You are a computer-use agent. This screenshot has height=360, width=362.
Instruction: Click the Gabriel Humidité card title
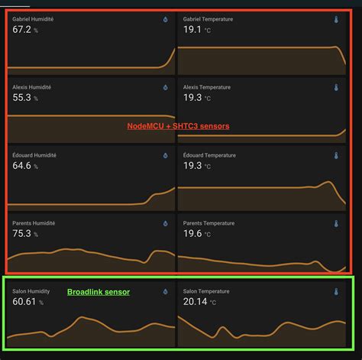coord(33,18)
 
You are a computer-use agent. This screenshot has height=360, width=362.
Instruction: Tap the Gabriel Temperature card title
coord(208,18)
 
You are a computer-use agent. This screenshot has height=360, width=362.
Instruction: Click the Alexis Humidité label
coord(31,87)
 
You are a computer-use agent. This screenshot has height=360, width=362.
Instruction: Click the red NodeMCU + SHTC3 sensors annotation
coord(178,126)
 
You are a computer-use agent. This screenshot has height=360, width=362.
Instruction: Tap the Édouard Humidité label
coord(34,155)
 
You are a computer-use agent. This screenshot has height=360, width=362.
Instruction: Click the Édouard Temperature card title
coord(210,155)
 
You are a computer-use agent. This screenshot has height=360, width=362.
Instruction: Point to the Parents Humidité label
coord(34,223)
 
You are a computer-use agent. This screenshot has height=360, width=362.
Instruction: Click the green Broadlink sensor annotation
coord(99,292)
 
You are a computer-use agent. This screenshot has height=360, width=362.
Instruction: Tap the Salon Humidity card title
coord(31,291)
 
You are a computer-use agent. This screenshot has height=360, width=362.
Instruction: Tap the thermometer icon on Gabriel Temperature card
coord(335,19)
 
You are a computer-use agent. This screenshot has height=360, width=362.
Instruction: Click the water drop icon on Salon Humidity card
coord(164,291)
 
